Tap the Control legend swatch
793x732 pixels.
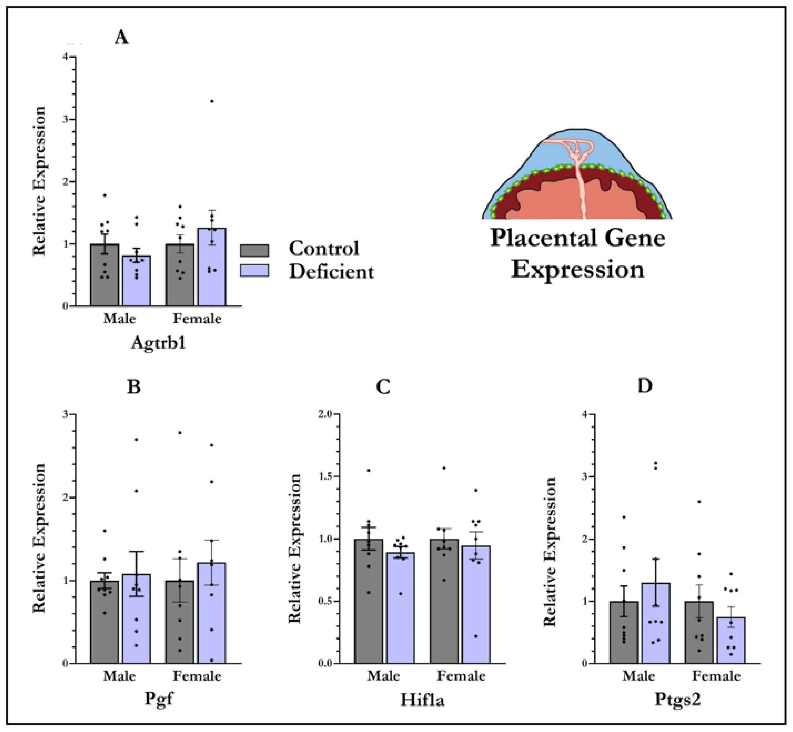(254, 250)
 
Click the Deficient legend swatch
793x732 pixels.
(254, 271)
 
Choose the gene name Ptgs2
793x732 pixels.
(678, 699)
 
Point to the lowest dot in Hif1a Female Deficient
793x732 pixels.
(476, 636)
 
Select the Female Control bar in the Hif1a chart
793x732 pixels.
(444, 602)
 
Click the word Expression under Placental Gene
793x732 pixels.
(577, 270)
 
